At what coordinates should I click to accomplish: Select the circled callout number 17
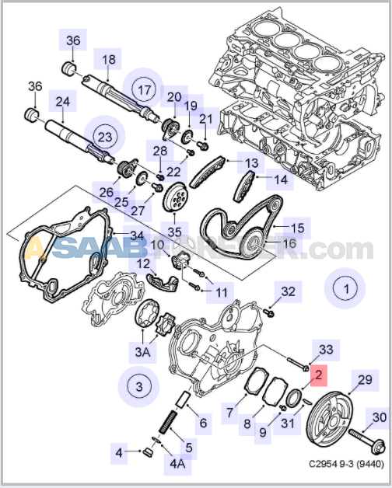coord(144,89)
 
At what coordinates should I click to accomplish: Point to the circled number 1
coord(341,288)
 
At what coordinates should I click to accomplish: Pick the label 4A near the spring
coord(177,465)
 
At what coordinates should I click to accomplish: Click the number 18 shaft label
coord(108,59)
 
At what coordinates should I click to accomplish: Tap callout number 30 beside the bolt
coord(379,417)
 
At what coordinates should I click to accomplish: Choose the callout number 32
coord(289,292)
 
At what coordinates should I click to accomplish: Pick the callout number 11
coord(222,292)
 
